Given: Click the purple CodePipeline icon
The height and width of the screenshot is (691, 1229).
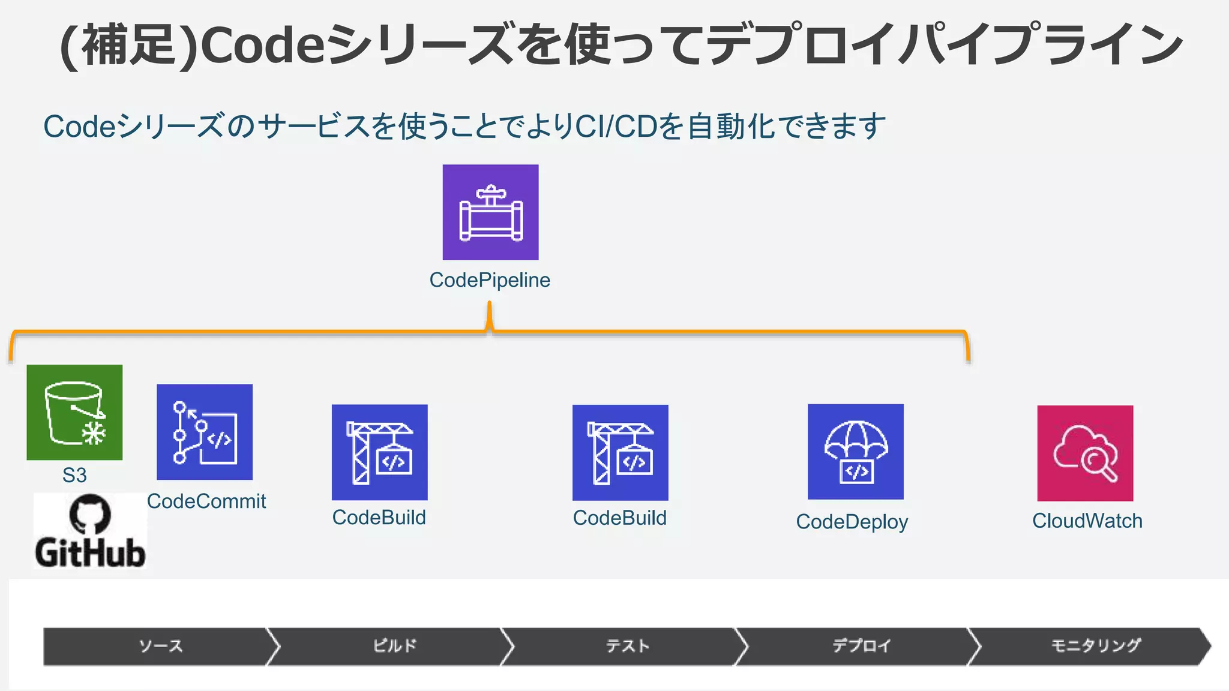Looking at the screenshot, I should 490,212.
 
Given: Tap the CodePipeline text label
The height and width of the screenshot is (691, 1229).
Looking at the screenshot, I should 490,280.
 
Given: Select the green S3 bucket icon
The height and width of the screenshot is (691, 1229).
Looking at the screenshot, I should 74,412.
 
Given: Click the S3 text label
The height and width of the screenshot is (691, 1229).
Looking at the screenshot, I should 74,475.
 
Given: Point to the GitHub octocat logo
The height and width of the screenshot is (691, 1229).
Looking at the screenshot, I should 90,514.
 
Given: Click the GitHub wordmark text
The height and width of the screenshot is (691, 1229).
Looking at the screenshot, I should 90,552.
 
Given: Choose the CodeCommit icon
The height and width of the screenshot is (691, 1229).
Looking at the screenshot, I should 205,432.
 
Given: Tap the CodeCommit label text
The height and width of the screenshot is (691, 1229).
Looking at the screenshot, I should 206,501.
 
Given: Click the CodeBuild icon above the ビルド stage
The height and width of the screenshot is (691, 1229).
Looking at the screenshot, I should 380,452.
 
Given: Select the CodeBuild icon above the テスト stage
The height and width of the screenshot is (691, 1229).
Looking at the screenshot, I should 620,452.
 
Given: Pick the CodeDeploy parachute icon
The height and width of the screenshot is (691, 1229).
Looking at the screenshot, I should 855,452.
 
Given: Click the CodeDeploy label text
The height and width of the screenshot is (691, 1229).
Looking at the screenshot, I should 852,522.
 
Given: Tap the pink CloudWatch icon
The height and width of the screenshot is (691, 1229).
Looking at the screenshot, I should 1085,453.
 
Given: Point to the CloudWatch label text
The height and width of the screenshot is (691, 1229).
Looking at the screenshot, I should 1087,521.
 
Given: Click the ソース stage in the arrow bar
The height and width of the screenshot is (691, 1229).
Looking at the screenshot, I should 160,646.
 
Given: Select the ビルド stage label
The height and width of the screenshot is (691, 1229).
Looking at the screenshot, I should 394,646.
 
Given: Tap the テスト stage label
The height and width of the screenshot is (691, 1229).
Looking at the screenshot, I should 628,646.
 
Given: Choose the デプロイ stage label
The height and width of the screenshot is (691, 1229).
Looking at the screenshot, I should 861,646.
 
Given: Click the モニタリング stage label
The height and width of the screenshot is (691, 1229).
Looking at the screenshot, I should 1096,646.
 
